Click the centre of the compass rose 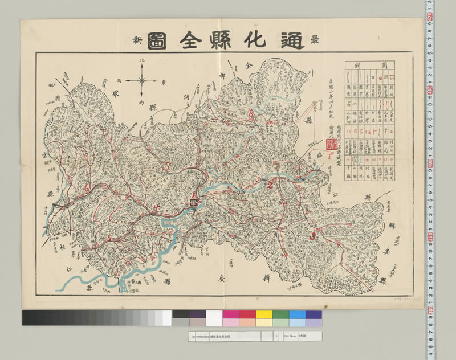[142, 80]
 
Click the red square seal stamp [325, 145]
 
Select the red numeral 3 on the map [312, 234]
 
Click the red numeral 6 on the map [87, 189]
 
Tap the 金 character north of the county [249, 66]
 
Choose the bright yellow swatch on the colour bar [264, 314]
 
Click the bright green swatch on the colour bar [280, 314]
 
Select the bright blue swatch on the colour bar [297, 314]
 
